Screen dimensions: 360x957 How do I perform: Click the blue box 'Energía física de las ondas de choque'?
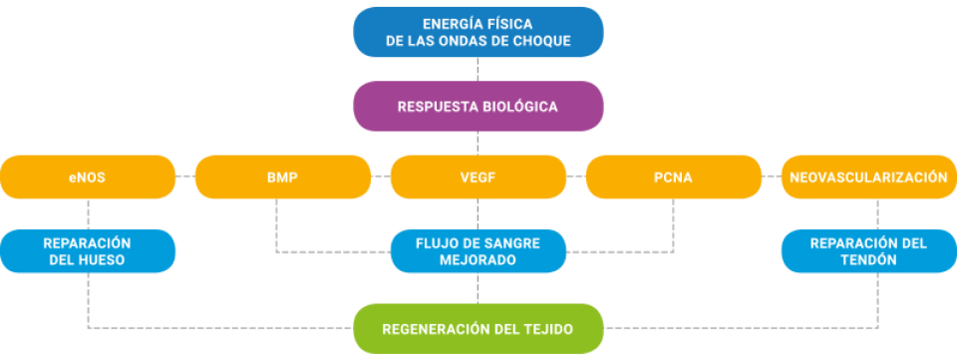coord(478,31)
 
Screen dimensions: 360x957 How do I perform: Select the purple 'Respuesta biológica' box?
coord(478,106)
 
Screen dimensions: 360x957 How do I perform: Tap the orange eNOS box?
coord(88,179)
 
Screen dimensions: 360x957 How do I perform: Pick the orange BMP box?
coord(283,179)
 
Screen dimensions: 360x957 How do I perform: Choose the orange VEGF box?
coord(478,179)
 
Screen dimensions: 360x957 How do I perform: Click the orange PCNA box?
coord(674,179)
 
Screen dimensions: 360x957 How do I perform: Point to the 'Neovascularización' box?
coord(867,179)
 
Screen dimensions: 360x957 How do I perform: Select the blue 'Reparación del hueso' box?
coord(88,251)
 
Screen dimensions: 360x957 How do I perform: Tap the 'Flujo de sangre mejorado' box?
coord(478,251)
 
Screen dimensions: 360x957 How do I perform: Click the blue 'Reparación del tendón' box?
coord(867,251)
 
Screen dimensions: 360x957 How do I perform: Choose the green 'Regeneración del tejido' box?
coord(478,329)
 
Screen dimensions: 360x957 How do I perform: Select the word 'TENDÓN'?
coord(867,260)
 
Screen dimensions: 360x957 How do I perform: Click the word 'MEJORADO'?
coord(478,260)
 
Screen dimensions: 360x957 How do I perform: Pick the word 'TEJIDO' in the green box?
coord(547,329)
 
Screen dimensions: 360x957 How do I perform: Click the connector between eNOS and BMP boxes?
coord(185,179)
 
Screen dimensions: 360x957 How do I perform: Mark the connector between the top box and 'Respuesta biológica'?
coord(478,69)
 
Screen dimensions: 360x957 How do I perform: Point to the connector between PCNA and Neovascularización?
coord(772,179)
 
